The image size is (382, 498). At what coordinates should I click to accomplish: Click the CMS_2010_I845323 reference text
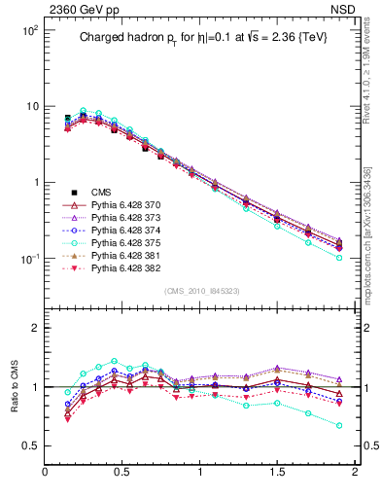click(202, 291)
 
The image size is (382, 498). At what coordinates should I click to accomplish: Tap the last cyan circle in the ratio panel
click(339, 425)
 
